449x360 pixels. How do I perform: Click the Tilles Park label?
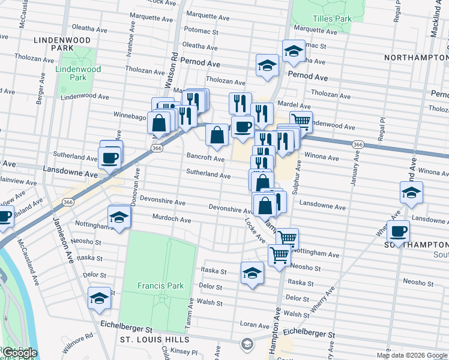click(330, 19)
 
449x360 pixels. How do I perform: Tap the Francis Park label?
click(160, 286)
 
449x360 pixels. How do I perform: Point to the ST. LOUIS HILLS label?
click(154, 340)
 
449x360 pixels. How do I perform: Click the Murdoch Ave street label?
click(172, 220)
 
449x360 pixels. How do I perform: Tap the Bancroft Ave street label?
click(205, 159)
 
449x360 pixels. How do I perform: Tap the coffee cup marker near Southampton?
click(398, 231)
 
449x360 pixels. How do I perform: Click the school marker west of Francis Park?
click(100, 298)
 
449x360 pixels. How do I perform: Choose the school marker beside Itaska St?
click(252, 273)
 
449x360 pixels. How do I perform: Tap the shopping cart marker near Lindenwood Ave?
click(301, 122)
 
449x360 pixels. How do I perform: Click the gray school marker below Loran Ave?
click(246, 344)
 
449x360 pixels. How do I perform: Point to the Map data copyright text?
click(412, 355)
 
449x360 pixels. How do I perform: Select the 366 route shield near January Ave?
click(358, 145)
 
